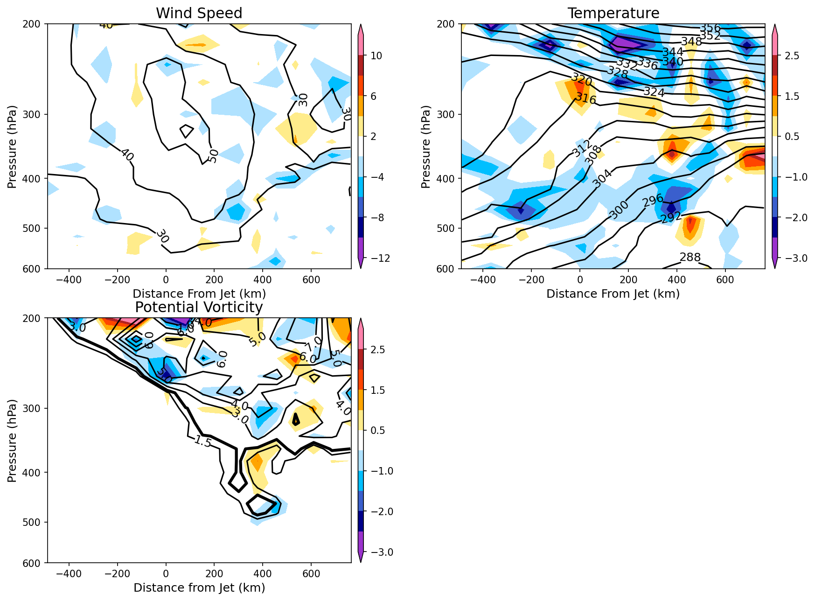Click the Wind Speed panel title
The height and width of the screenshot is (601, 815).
tap(199, 13)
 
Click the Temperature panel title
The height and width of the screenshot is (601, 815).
tap(613, 13)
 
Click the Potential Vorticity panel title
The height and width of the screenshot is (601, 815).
tap(199, 307)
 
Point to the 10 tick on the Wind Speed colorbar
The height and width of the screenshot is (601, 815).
tap(376, 56)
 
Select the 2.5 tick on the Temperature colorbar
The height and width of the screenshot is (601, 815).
tap(792, 56)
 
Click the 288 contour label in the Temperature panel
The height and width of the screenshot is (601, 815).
tap(690, 257)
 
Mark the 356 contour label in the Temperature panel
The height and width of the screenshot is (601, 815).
tap(710, 28)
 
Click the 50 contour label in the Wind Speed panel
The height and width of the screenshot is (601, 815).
tap(213, 156)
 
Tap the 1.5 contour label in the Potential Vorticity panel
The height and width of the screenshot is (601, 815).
tap(203, 441)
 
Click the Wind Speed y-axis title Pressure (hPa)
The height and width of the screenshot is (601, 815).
tap(12, 147)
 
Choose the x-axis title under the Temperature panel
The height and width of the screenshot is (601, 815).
tap(613, 294)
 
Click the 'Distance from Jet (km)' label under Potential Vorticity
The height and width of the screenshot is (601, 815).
tap(199, 588)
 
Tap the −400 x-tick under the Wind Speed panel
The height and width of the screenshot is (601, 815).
tap(69, 280)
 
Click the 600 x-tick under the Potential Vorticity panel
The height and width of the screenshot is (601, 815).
tap(311, 574)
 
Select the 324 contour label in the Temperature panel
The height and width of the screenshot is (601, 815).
tap(654, 92)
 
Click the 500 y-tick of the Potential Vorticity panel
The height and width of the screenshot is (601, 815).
tap(34, 522)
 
